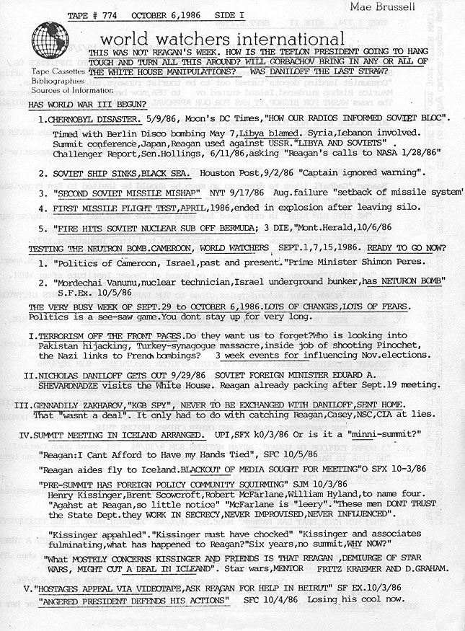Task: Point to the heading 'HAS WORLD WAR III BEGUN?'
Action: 77,105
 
